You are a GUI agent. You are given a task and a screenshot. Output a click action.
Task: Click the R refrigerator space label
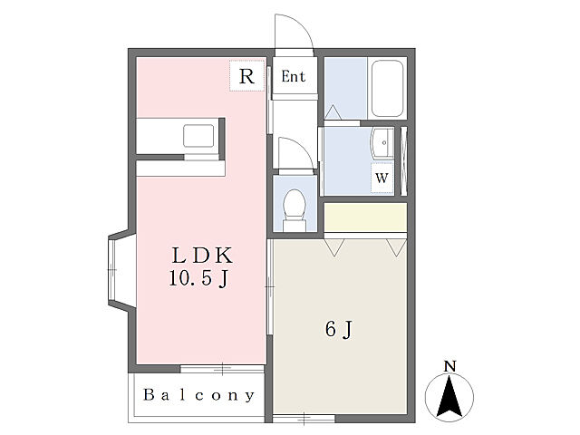pyautogui.click(x=246, y=76)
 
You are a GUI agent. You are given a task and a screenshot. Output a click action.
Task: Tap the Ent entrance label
pyautogui.click(x=294, y=76)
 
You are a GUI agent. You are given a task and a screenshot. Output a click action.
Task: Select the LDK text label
pyautogui.click(x=202, y=256)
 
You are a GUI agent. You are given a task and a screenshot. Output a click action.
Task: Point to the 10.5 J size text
pyautogui.click(x=198, y=278)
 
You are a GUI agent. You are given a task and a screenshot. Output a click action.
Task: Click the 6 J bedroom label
pyautogui.click(x=339, y=329)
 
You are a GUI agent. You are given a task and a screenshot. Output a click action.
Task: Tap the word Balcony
pyautogui.click(x=199, y=395)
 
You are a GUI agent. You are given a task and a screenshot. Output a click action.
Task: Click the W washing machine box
pyautogui.click(x=382, y=178)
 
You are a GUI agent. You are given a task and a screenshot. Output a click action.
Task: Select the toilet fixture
pyautogui.click(x=295, y=210)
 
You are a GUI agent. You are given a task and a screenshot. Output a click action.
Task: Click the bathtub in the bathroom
pyautogui.click(x=387, y=89)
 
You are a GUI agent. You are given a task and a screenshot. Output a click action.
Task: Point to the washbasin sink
pyautogui.click(x=382, y=143)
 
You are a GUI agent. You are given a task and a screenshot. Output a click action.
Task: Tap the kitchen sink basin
pyautogui.click(x=198, y=136)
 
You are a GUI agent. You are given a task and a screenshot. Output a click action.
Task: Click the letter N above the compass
pyautogui.click(x=449, y=366)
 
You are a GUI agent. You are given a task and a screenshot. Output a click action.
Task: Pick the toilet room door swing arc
pyautogui.click(x=302, y=148)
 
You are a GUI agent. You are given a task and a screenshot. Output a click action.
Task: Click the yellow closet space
pyautogui.click(x=365, y=217)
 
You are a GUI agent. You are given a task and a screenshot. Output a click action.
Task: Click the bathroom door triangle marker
pyautogui.click(x=333, y=112)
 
